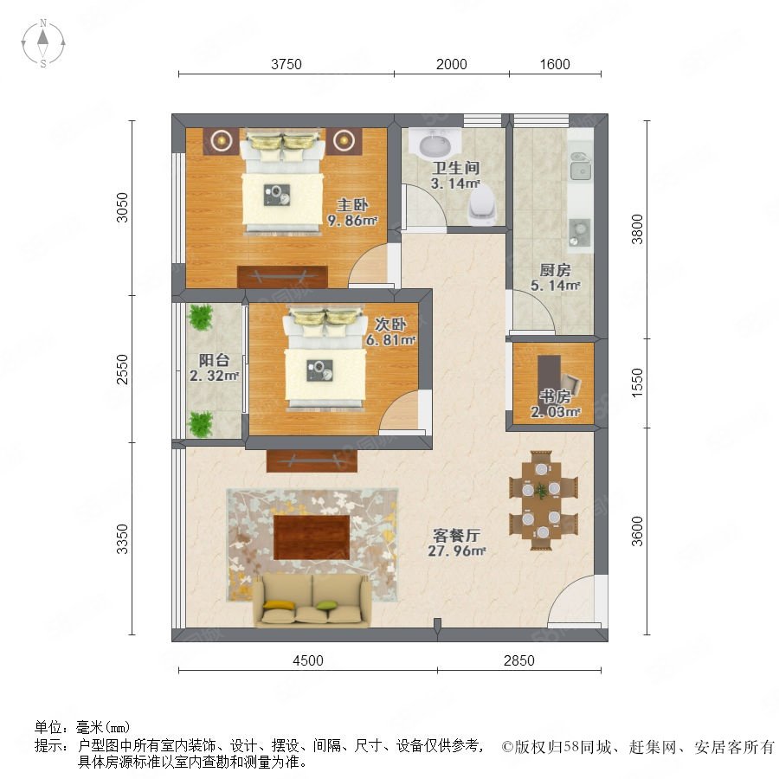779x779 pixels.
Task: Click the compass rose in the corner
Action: [43, 42]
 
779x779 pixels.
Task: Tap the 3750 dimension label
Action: [286, 65]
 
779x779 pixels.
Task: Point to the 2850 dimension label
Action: [518, 660]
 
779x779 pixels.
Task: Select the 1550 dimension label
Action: [637, 383]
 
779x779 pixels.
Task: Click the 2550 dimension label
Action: [122, 369]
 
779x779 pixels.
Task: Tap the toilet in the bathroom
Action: [482, 206]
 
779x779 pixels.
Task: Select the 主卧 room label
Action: [352, 204]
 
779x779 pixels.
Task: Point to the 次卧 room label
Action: [390, 325]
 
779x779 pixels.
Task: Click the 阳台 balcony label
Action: [214, 360]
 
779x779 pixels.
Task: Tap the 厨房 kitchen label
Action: [555, 270]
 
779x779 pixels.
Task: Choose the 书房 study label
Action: [556, 396]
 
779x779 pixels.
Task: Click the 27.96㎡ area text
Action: [456, 550]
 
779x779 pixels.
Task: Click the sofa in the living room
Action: [312, 600]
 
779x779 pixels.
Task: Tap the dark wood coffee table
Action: [312, 537]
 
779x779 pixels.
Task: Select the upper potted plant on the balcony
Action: [201, 317]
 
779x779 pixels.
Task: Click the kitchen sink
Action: [579, 165]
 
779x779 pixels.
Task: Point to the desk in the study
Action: [550, 377]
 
